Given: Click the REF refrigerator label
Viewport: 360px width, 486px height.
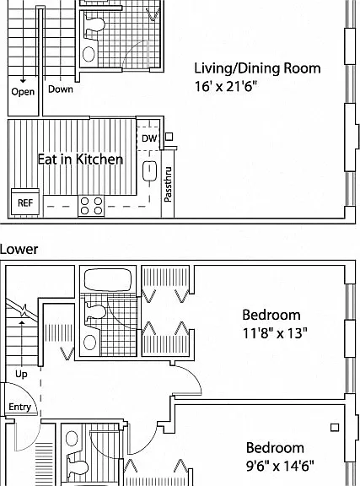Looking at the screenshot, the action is point(25,203).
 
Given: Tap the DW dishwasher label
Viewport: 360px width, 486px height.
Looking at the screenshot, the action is point(149,138).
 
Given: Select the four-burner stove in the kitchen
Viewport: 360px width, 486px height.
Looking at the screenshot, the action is point(91,206).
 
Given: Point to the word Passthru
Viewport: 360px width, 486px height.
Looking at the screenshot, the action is point(168,185).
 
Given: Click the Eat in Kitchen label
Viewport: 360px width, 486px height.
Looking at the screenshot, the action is point(80,159).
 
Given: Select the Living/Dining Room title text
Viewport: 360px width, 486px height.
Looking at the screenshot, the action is point(257,68).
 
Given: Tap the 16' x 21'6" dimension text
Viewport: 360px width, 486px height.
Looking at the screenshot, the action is point(226,86).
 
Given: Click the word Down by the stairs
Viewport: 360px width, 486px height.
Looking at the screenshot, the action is point(61,89).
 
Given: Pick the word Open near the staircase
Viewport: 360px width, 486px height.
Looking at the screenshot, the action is point(23,92).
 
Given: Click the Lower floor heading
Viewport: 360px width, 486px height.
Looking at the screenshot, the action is point(19,249).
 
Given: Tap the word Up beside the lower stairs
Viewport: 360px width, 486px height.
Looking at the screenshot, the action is point(21,374).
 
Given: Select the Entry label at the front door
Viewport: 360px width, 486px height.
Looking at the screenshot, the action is point(20,407).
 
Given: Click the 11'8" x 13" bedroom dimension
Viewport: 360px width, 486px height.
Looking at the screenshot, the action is point(275,333).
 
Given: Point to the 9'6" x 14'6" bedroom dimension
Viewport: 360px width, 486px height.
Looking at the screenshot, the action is point(280,466).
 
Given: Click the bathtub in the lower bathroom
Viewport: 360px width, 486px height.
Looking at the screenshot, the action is point(108,279).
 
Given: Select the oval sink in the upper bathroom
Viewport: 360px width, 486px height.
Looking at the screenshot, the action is point(89,54).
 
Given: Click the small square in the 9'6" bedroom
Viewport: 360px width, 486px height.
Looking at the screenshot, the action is point(335,428).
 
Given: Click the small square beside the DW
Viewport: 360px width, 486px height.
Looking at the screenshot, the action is point(169,137).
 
